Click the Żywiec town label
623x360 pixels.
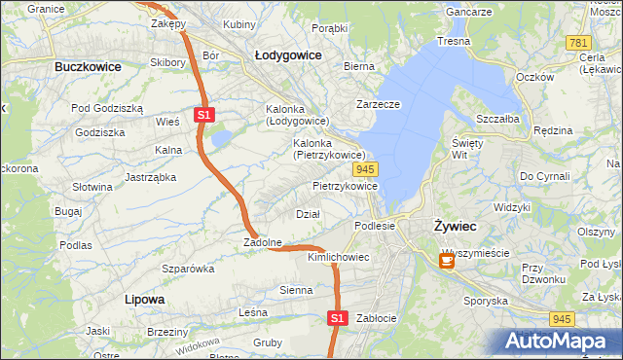pyautogui.click(x=455, y=226)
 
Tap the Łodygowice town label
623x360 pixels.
pyautogui.click(x=288, y=55)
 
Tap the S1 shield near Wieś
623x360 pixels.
pyautogui.click(x=203, y=115)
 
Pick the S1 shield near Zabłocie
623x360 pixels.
pyautogui.click(x=336, y=317)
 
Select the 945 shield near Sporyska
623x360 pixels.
pyautogui.click(x=561, y=318)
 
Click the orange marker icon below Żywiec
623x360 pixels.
pyautogui.click(x=447, y=261)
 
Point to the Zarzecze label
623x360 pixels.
pyautogui.click(x=380, y=103)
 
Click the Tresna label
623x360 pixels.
pyautogui.click(x=454, y=42)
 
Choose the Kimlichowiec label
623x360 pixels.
pyautogui.click(x=338, y=257)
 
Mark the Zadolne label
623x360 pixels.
pyautogui.click(x=263, y=242)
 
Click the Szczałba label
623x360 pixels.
pyautogui.click(x=497, y=118)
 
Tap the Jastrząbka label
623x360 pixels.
pyautogui.click(x=150, y=177)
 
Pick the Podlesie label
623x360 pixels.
pyautogui.click(x=375, y=225)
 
